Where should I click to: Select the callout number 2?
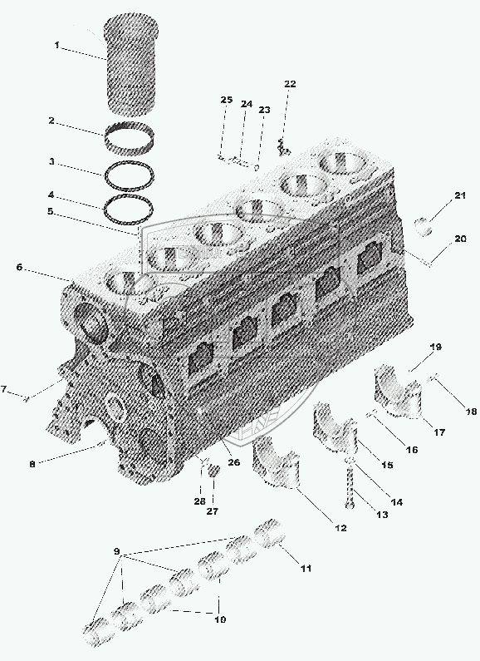tap(51, 121)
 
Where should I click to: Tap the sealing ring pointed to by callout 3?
tap(129, 175)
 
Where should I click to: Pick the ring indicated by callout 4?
tap(129, 209)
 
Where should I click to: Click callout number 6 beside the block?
tap(19, 267)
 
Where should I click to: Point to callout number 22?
tap(290, 84)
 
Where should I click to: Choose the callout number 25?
tap(227, 100)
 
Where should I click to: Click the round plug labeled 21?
tap(423, 226)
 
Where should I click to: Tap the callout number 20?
tap(460, 239)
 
